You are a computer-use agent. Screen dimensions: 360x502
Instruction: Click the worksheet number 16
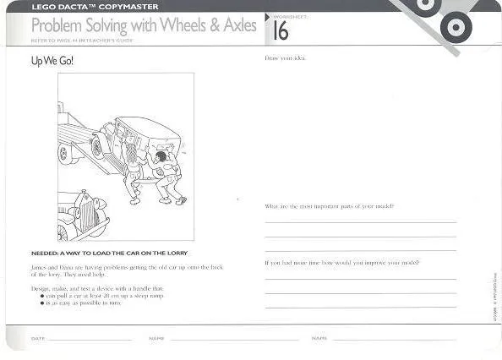(x=281, y=31)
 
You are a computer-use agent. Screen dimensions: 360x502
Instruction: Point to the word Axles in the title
(x=236, y=25)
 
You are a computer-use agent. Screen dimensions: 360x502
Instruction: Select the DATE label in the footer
(x=37, y=338)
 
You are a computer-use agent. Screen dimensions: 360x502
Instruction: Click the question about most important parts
(x=328, y=206)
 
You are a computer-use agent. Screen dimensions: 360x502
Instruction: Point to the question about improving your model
(x=341, y=262)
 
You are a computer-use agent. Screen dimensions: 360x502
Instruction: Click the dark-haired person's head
(x=161, y=155)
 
